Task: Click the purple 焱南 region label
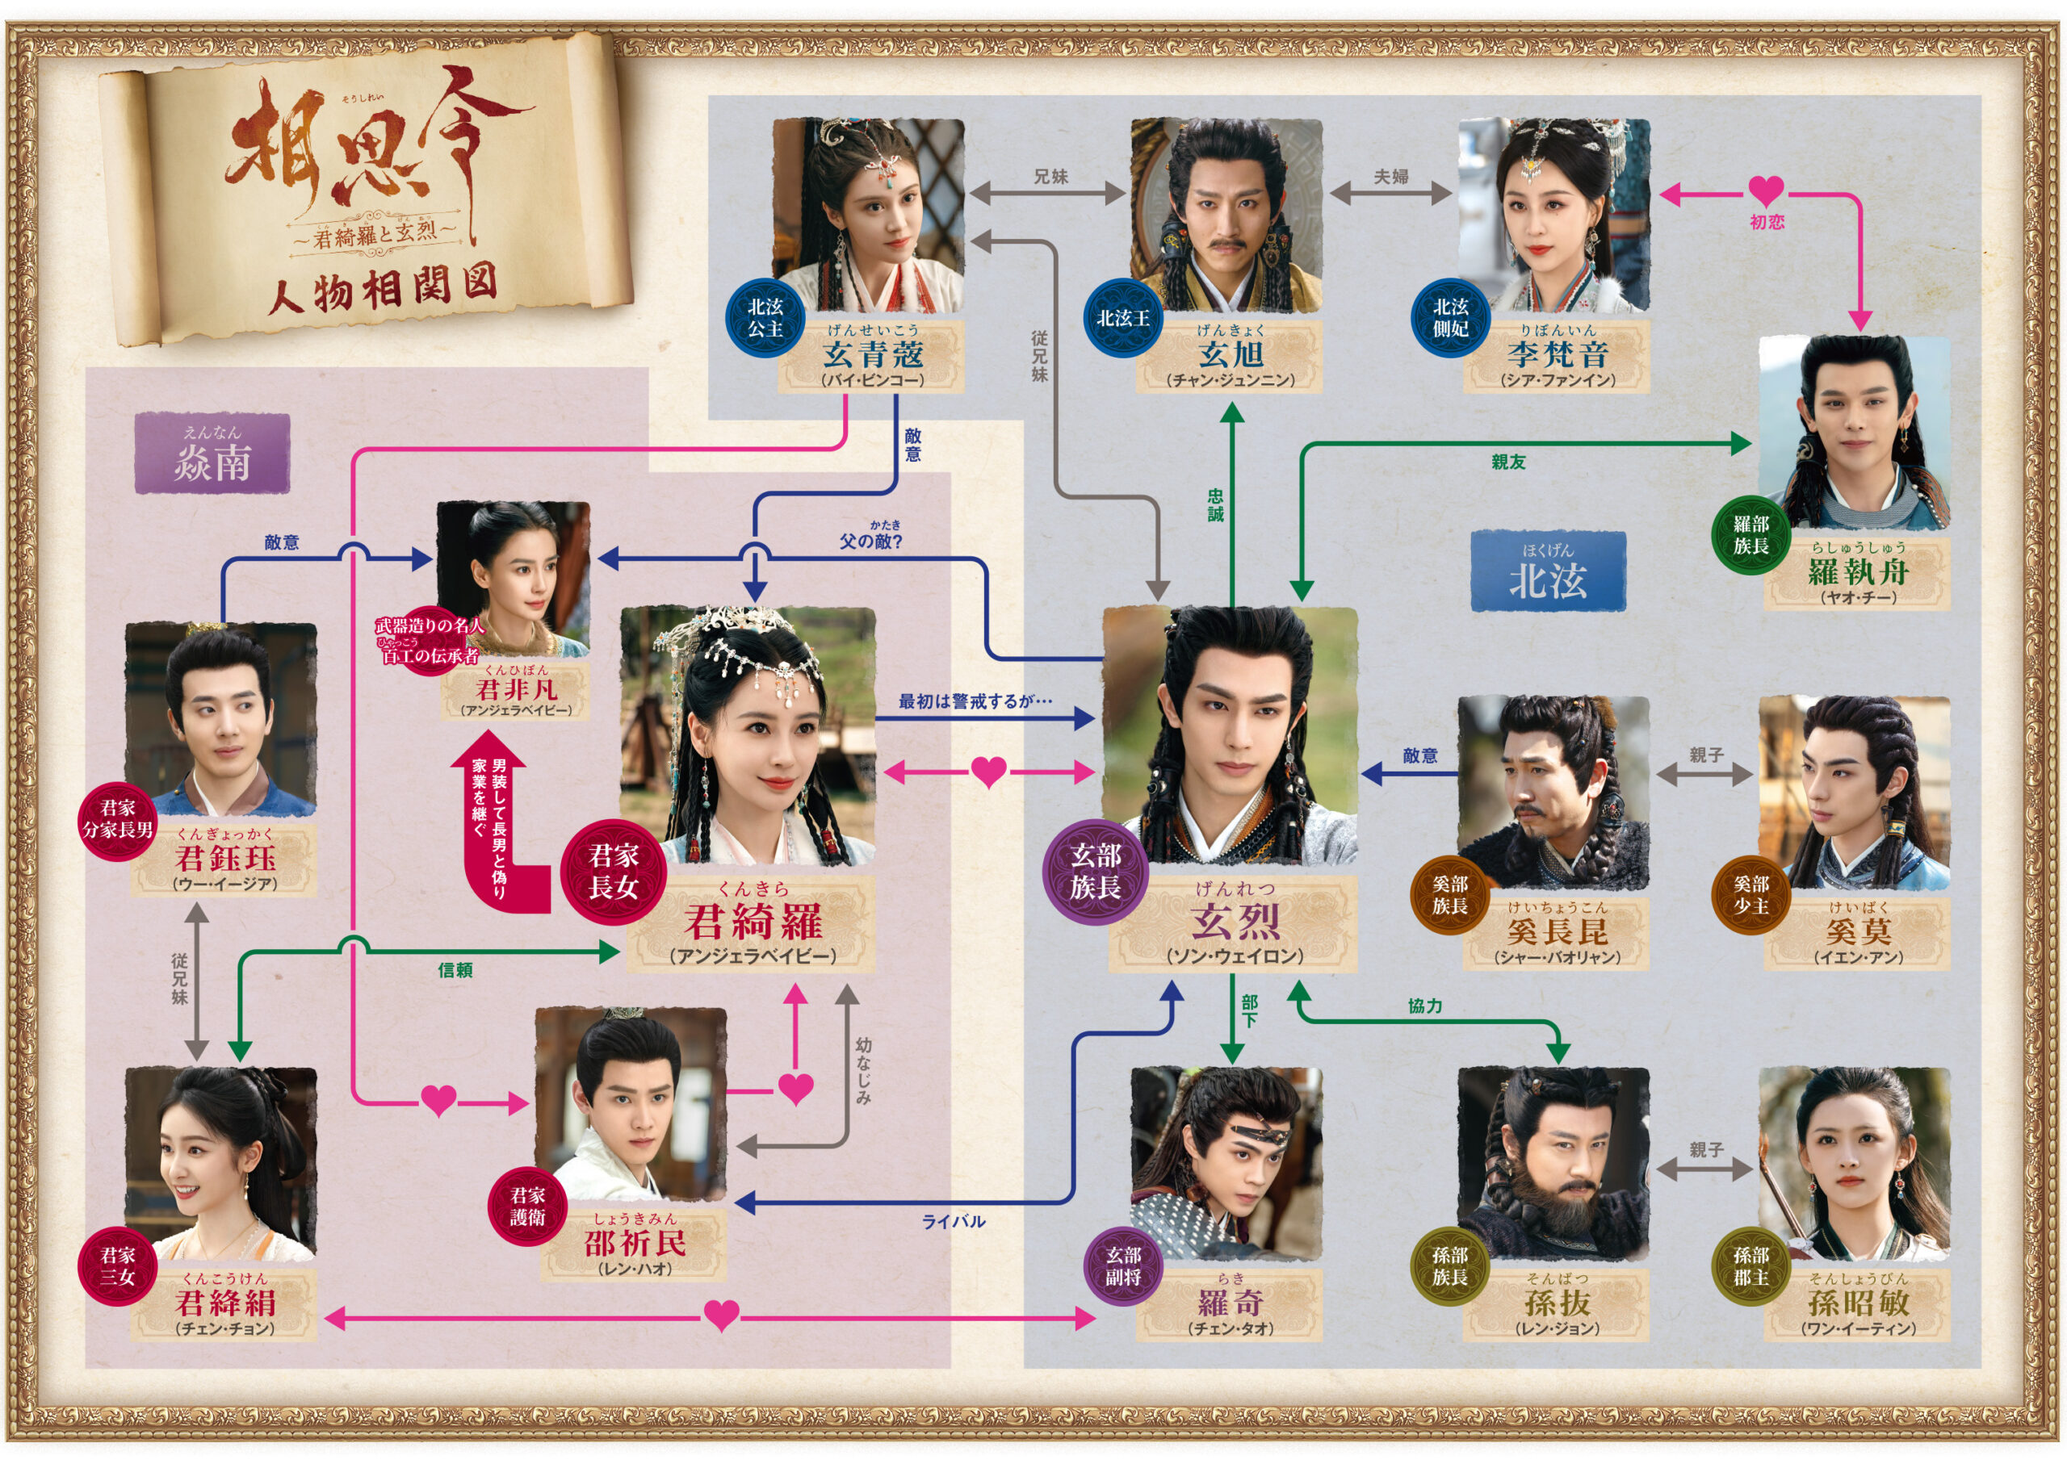212,454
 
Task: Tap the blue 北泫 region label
1547,571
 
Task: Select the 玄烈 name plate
1234,922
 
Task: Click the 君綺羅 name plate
751,922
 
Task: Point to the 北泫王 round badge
1123,318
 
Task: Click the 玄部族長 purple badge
1095,871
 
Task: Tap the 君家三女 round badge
117,1265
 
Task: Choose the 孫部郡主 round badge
1750,1265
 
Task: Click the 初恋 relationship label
1766,222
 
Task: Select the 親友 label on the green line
1508,462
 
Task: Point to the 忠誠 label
1215,505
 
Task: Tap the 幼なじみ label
863,1070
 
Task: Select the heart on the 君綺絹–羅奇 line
720,1316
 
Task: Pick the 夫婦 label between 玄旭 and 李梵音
1390,177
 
